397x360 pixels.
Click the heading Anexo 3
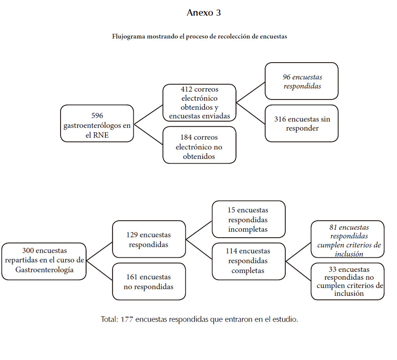click(204, 13)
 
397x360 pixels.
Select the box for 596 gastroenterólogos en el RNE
click(97, 123)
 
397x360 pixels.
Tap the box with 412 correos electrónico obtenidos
click(199, 103)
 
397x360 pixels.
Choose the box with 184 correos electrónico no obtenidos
click(199, 145)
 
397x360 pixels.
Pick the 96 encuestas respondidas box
click(301, 81)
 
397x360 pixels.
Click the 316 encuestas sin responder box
click(301, 123)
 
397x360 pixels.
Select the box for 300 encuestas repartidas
click(44, 261)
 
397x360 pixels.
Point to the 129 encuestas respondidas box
click(149, 239)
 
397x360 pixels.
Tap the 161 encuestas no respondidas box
click(149, 282)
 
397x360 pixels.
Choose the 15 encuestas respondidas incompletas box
click(249, 219)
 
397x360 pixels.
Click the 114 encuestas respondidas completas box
click(249, 261)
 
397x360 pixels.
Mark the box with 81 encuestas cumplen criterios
click(348, 239)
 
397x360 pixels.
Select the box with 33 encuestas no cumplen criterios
click(348, 282)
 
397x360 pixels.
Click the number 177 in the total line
click(127, 319)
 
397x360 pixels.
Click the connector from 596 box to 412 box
click(148, 114)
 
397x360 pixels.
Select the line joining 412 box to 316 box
click(251, 113)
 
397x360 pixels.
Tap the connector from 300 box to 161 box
click(99, 270)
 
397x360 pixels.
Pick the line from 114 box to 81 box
click(298, 252)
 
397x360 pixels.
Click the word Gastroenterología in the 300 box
click(44, 270)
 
